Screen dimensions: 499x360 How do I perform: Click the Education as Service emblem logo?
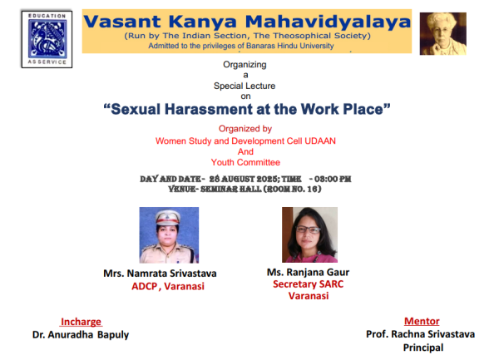[47, 39]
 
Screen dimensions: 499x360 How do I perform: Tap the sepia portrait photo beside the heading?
[443, 34]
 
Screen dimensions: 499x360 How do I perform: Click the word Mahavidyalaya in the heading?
[329, 22]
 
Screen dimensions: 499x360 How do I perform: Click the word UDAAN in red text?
[320, 141]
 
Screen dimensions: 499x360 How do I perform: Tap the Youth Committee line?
[245, 162]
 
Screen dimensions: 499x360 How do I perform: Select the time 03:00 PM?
[333, 179]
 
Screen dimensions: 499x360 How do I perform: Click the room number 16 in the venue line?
[312, 190]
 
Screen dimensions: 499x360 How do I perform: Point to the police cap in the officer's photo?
[168, 217]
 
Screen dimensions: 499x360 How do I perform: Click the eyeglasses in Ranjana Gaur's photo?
[308, 229]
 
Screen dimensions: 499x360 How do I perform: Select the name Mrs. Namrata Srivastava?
[160, 274]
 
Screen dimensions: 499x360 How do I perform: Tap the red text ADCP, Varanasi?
[168, 286]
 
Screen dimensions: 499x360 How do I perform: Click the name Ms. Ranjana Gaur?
[308, 272]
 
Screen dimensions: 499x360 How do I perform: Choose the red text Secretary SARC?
[308, 284]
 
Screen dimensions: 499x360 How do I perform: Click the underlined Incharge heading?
[81, 322]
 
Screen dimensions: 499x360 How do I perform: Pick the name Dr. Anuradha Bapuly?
[81, 334]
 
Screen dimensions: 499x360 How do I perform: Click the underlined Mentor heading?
[422, 321]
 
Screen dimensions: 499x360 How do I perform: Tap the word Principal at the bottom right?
[423, 348]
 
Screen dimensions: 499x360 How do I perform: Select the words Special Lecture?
[245, 86]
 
